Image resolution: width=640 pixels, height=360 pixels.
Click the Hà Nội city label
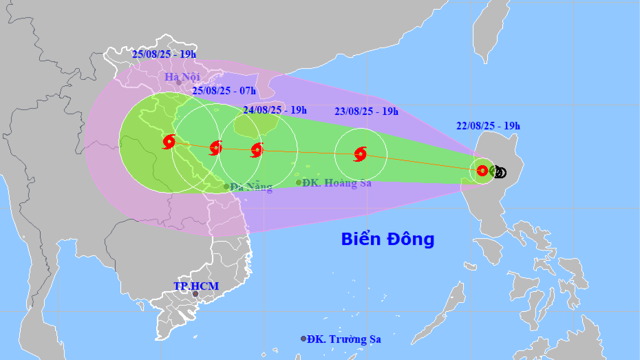pos(182,77)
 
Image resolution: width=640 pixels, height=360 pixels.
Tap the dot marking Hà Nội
pos(179,83)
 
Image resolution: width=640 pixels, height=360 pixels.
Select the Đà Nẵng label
pos(251,187)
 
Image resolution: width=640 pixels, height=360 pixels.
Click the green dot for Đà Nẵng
pos(226,187)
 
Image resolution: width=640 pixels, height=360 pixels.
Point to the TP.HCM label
pos(195,286)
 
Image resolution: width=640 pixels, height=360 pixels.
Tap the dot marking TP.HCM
pos(195,294)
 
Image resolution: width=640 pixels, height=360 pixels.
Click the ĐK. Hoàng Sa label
pos(338,183)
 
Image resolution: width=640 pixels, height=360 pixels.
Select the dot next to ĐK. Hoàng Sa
pos(299,182)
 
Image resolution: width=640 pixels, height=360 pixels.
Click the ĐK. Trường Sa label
pos(344,339)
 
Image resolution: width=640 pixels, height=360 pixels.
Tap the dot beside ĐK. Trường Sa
pos(303,339)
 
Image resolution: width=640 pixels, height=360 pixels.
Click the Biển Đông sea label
pos(388,239)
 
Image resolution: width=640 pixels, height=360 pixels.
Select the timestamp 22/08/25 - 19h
pos(487,125)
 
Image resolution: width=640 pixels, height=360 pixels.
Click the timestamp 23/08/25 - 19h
pos(365,112)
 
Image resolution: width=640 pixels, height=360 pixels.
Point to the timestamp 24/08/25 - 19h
pos(275,109)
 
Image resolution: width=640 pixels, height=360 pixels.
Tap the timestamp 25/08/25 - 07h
pos(224,90)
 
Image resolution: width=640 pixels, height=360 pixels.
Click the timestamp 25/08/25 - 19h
pos(164,54)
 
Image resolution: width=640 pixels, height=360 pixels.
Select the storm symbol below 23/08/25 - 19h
pos(359,154)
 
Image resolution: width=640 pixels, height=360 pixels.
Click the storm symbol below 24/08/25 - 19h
pos(257,149)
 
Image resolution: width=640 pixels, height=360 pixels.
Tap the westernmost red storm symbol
pos(169,142)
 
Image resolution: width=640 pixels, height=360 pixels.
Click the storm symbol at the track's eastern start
pos(482,171)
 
